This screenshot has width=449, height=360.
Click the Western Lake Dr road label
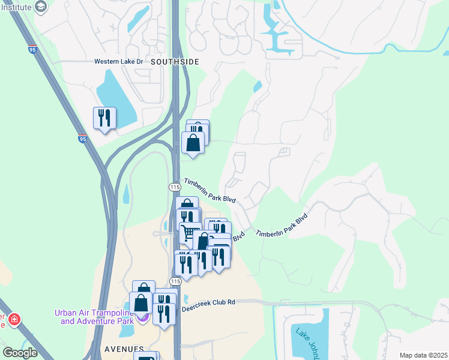(118, 61)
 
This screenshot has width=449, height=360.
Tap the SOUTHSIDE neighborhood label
(174, 62)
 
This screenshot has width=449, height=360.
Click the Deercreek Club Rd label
(217, 302)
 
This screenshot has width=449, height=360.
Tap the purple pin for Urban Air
(142, 317)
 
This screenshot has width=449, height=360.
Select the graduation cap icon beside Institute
(41, 7)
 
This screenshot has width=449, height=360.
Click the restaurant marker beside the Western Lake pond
(104, 118)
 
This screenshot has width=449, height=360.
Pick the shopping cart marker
(190, 233)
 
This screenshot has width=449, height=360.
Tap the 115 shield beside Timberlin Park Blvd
(175, 188)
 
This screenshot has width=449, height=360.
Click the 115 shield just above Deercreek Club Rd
(175, 281)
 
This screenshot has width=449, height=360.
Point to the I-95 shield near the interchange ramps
(82, 138)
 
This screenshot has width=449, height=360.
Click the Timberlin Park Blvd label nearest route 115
(209, 191)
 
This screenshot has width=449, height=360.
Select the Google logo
(20, 353)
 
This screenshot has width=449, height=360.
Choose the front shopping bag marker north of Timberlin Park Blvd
(193, 144)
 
